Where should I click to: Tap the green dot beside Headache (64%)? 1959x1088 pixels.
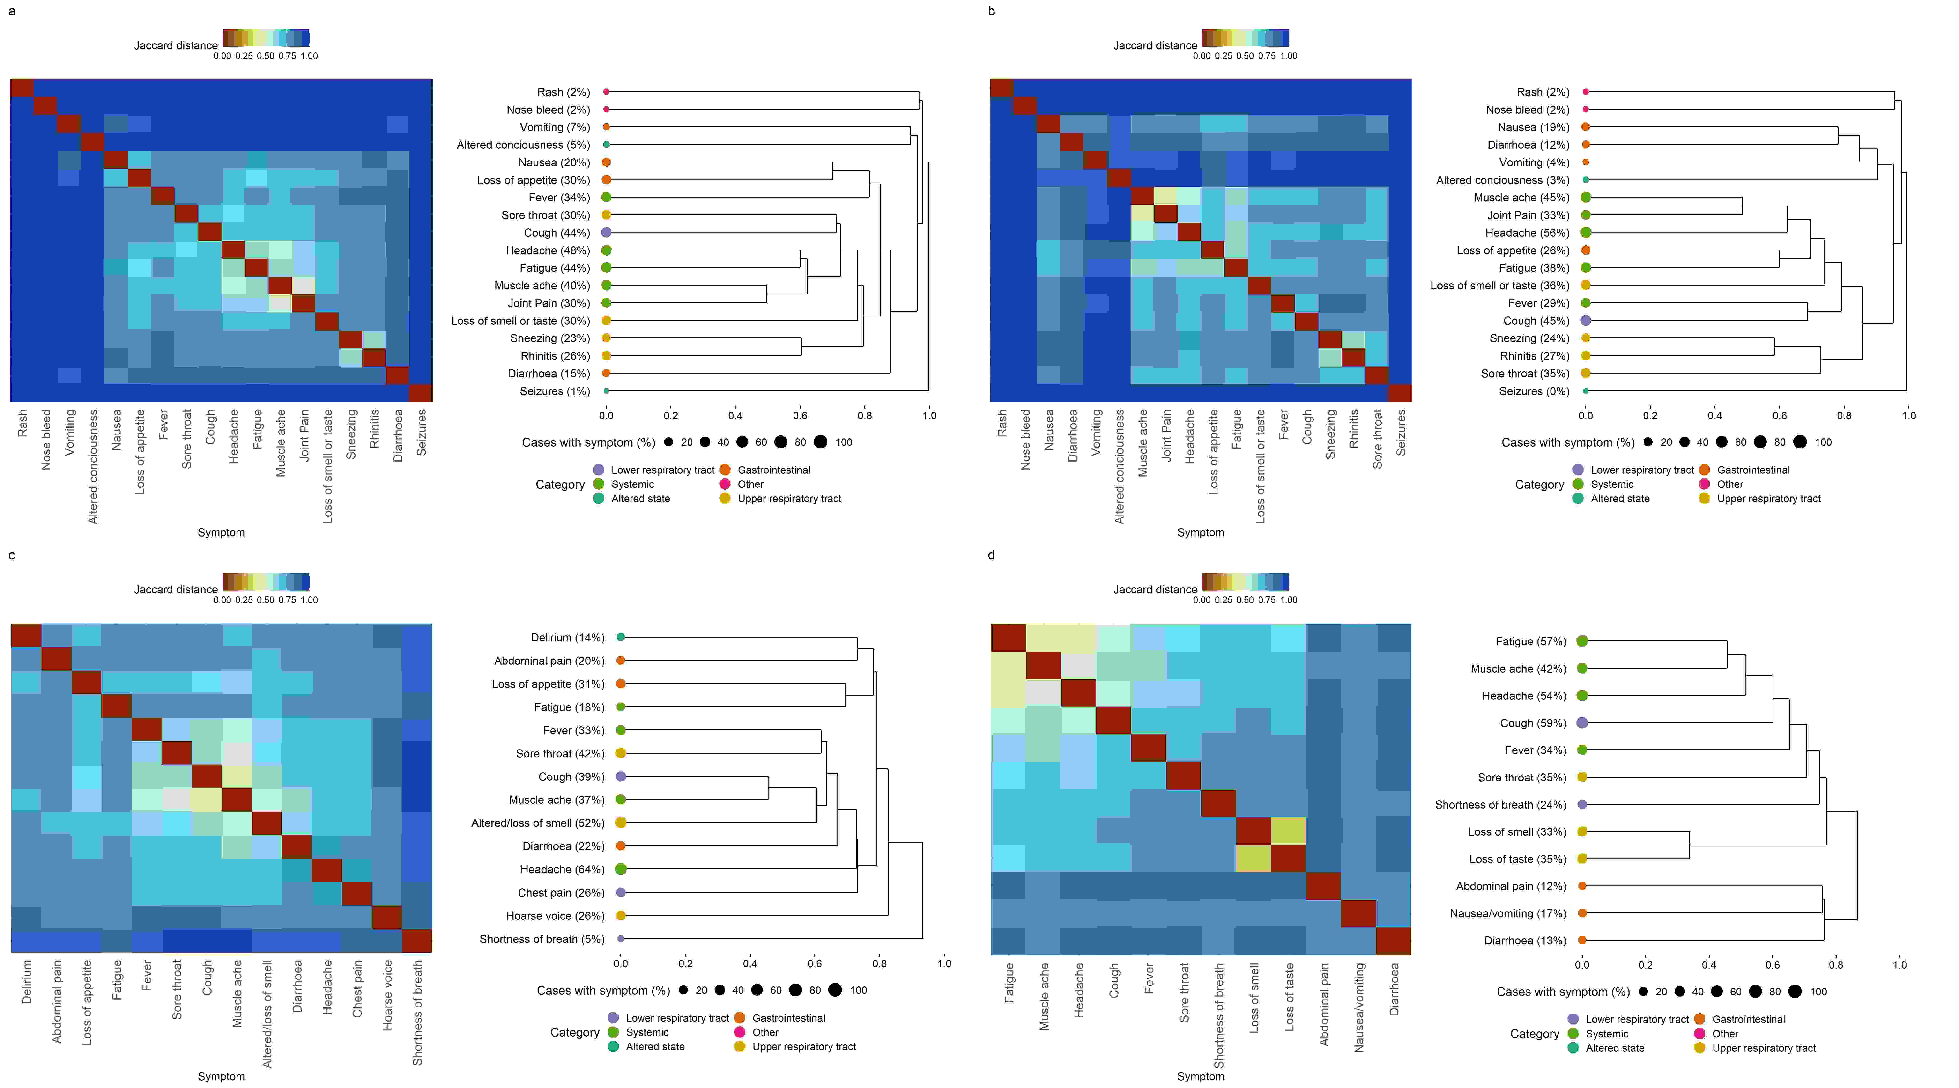pyautogui.click(x=621, y=869)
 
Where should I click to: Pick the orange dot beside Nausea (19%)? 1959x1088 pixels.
pyautogui.click(x=1586, y=127)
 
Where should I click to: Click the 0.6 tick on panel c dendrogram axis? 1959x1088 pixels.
pyautogui.click(x=815, y=963)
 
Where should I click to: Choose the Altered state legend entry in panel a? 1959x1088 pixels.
pyautogui.click(x=640, y=499)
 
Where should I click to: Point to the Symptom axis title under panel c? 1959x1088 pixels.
pyautogui.click(x=221, y=1077)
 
